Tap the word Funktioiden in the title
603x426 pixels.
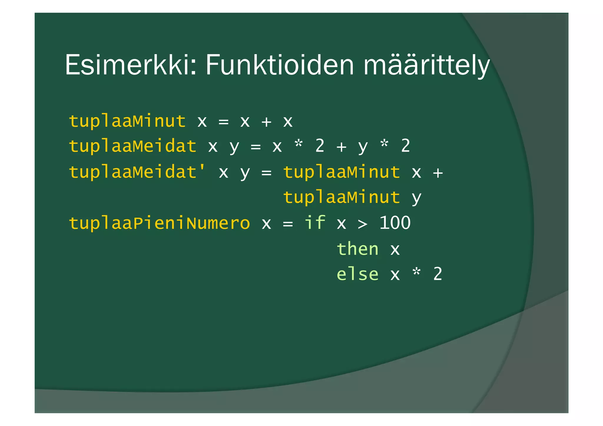click(x=279, y=65)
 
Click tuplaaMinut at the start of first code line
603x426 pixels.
click(x=127, y=121)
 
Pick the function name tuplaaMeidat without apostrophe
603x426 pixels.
click(x=132, y=146)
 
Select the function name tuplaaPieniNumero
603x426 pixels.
click(x=159, y=223)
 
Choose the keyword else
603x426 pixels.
click(x=357, y=274)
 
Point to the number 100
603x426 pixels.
click(x=395, y=223)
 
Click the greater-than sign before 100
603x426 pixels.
click(x=363, y=224)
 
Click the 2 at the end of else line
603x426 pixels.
click(x=438, y=274)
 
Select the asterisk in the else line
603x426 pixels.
click(x=416, y=273)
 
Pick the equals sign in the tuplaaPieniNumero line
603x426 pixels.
click(x=288, y=224)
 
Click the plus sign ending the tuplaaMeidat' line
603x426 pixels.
click(x=438, y=173)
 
